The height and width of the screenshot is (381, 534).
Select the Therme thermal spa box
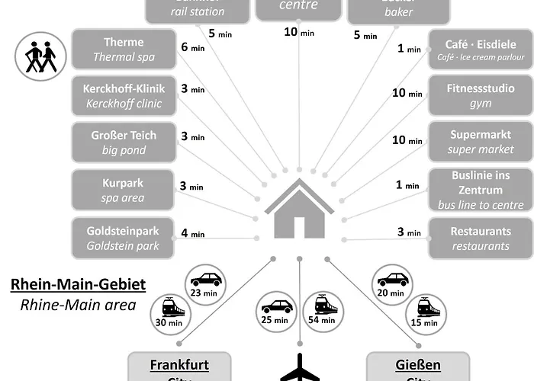pos(123,50)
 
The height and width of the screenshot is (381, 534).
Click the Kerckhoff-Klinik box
pos(123,96)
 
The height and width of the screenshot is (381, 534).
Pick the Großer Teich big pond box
pos(123,142)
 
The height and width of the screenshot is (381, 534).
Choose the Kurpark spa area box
pos(123,190)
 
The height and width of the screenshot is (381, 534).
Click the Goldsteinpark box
pos(123,238)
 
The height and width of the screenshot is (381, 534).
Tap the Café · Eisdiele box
pos(480,50)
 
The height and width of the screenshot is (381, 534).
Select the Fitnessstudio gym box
pos(480,96)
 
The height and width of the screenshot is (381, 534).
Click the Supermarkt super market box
pos(480,142)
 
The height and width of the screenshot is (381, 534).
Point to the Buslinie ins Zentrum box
pos(480,190)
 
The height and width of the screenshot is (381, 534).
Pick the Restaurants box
pos(480,238)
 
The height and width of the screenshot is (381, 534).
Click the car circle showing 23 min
pos(205,283)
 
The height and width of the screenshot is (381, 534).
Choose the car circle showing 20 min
pos(393,283)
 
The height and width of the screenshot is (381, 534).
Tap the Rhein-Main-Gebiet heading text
pos(78,286)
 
